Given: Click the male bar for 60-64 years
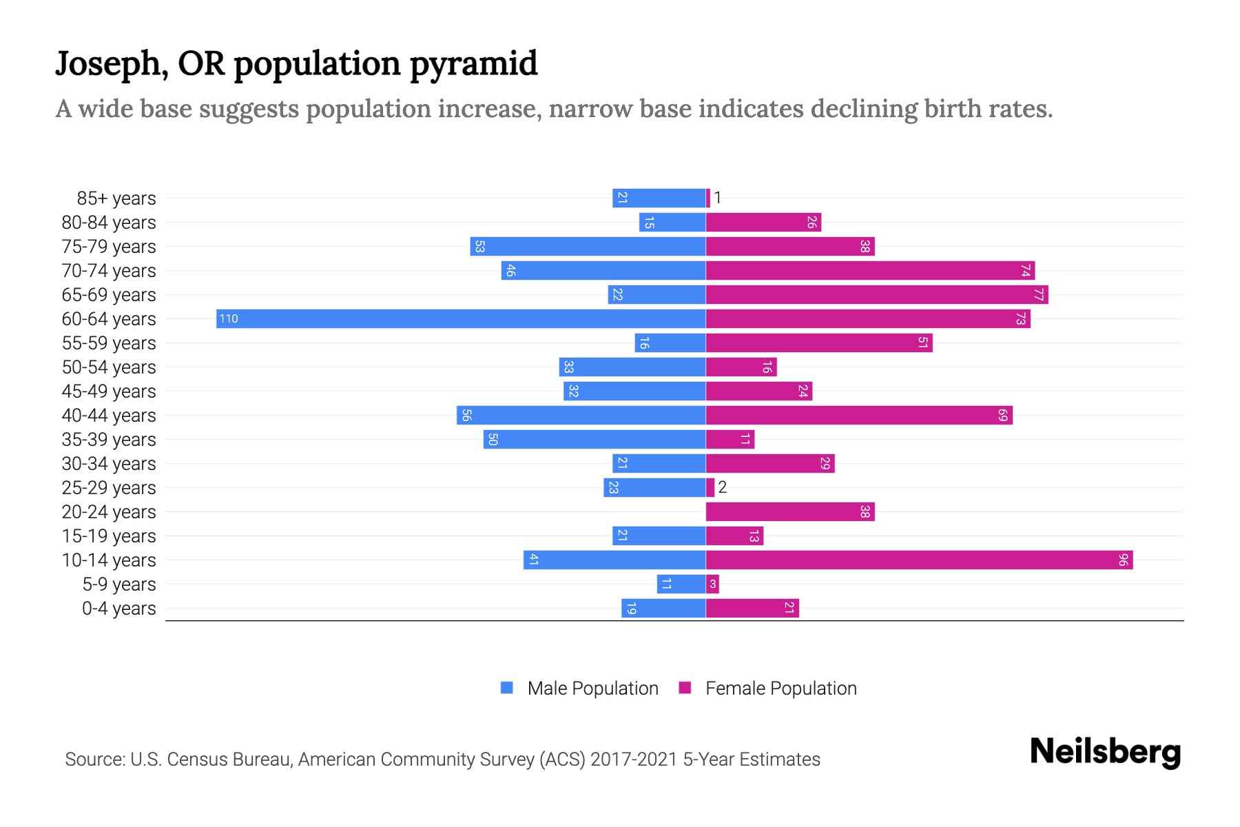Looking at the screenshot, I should tap(461, 318).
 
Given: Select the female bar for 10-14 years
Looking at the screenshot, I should tap(919, 560).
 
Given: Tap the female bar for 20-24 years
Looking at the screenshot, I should tap(790, 511).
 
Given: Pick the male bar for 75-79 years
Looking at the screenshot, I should tap(588, 246).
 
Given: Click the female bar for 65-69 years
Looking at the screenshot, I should tap(877, 294).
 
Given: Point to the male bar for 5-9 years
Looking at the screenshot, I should tap(681, 584).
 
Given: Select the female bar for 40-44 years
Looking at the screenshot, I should tap(859, 415).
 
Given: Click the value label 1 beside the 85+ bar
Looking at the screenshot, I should tap(717, 198).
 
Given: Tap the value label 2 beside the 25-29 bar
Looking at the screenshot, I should tap(722, 487).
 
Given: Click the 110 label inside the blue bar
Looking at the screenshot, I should tap(229, 318).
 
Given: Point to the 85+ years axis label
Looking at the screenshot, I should tap(116, 198).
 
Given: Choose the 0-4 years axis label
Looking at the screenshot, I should tap(118, 609).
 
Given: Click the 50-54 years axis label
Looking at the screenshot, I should tap(109, 367).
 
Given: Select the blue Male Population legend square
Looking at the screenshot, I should tap(507, 688).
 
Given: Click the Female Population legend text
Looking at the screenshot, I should tap(781, 688).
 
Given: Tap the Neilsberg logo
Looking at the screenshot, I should tap(1105, 751).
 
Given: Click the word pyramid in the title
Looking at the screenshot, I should tap(473, 63).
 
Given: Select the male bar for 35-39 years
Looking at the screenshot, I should tap(595, 439).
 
